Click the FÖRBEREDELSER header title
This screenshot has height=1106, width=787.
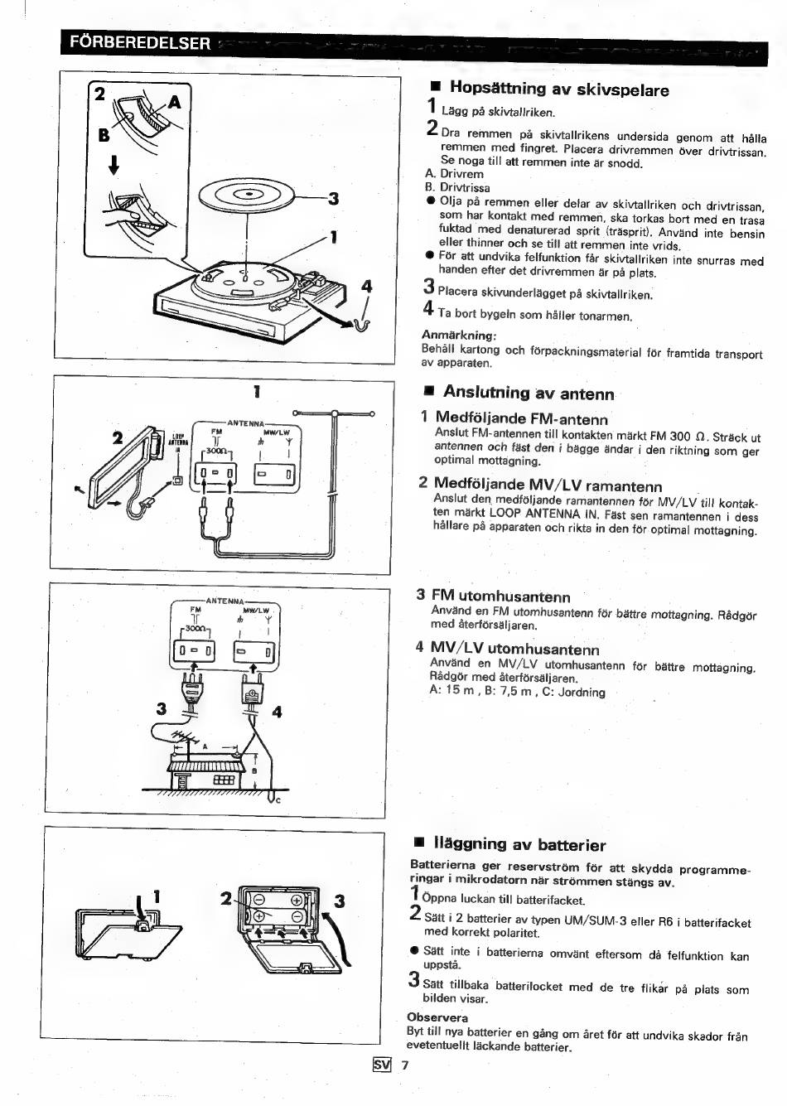coord(140,42)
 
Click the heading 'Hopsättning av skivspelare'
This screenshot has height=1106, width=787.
coord(559,89)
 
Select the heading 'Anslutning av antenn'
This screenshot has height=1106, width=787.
coord(529,393)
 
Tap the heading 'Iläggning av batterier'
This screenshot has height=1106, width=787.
coord(519,845)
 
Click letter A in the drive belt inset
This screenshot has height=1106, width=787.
coord(174,102)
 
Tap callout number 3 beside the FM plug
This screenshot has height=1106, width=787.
coord(161,709)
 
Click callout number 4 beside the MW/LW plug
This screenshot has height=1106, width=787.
coord(277,712)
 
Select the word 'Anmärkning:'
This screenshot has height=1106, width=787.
coord(459,336)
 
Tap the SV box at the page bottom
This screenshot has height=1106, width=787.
coord(381,1065)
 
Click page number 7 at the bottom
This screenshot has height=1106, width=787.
coord(405,1065)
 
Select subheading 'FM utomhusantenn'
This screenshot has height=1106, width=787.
coord(500,596)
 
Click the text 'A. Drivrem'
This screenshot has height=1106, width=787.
coord(454,174)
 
